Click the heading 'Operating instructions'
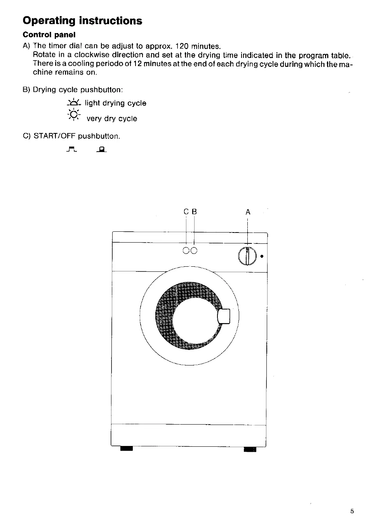click(x=82, y=21)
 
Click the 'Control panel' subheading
click(x=49, y=35)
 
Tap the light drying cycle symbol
click(x=73, y=103)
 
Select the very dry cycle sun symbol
click(x=73, y=115)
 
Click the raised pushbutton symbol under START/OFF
click(x=71, y=149)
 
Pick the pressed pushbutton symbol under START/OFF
click(x=101, y=149)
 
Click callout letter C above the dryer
click(x=186, y=212)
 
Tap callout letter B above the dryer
click(x=194, y=212)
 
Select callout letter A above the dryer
click(x=248, y=212)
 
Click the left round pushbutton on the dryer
click(x=186, y=250)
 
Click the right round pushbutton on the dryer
click(x=194, y=250)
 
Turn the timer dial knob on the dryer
click(x=247, y=256)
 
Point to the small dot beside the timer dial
click(x=262, y=257)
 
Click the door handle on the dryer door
click(x=224, y=316)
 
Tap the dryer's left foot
click(x=127, y=449)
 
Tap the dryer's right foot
click(x=250, y=449)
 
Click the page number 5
click(x=352, y=511)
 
